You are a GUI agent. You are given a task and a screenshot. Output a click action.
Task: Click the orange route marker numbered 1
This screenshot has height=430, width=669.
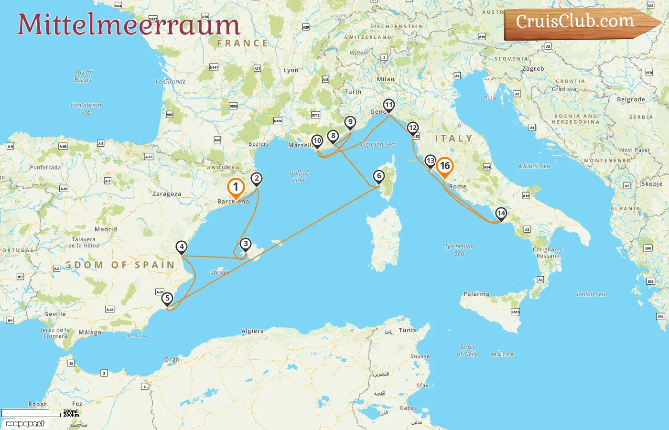[x=236, y=187]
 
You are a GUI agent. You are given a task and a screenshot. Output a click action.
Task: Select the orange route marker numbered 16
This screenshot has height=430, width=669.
[x=445, y=166]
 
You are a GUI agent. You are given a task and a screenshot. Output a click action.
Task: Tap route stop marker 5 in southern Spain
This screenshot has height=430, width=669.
[x=167, y=299]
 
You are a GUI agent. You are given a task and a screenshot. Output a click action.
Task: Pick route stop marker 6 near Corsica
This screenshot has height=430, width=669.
[x=379, y=176]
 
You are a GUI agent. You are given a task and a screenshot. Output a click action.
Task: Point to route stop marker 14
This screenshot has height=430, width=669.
[x=501, y=213]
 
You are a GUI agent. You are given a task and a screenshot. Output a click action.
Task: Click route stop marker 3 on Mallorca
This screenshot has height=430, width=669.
[x=245, y=244]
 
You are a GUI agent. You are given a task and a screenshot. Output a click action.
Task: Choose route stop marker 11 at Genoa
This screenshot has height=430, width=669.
[x=389, y=105]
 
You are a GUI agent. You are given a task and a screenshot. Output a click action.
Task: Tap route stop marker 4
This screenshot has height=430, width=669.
[x=181, y=247]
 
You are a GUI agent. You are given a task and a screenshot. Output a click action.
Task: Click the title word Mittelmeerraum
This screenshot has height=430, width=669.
[x=128, y=24]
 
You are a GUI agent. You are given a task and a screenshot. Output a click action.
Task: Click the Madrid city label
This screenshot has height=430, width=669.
[x=106, y=229]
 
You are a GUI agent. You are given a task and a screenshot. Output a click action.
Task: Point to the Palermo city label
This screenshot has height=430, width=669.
[x=476, y=294]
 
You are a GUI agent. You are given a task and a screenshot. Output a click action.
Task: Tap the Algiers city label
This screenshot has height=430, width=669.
[x=252, y=331]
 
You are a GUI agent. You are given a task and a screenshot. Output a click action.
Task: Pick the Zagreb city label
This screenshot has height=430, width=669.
[x=533, y=69]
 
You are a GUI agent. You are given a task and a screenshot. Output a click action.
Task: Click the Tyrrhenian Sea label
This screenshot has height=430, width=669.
[x=459, y=250]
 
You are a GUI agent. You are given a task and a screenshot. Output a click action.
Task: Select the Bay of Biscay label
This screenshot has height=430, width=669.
[x=83, y=76]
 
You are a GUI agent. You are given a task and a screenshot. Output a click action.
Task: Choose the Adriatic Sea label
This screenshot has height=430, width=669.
[x=534, y=166]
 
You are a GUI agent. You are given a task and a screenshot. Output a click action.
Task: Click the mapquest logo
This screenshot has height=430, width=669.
[x=25, y=424]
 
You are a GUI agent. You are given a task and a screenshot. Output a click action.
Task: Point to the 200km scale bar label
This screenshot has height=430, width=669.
[x=71, y=415]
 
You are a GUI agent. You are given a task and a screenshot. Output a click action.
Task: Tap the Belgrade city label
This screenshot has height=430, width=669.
[x=631, y=99]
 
